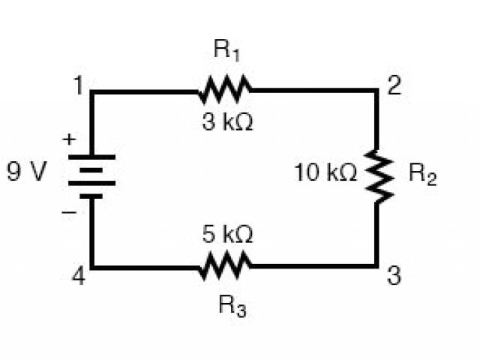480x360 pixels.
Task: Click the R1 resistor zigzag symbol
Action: pyautogui.click(x=225, y=91)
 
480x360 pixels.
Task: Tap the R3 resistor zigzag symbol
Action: pyautogui.click(x=225, y=265)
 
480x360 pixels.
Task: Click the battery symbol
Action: pyautogui.click(x=92, y=176)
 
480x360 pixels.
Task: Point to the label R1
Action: pyautogui.click(x=225, y=52)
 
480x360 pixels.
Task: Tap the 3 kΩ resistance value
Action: pyautogui.click(x=227, y=121)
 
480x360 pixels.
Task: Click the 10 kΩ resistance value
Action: pyautogui.click(x=325, y=174)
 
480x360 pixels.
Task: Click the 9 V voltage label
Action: pyautogui.click(x=26, y=173)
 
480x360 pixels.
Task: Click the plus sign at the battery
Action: pyautogui.click(x=69, y=139)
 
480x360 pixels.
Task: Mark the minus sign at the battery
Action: pyautogui.click(x=69, y=212)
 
